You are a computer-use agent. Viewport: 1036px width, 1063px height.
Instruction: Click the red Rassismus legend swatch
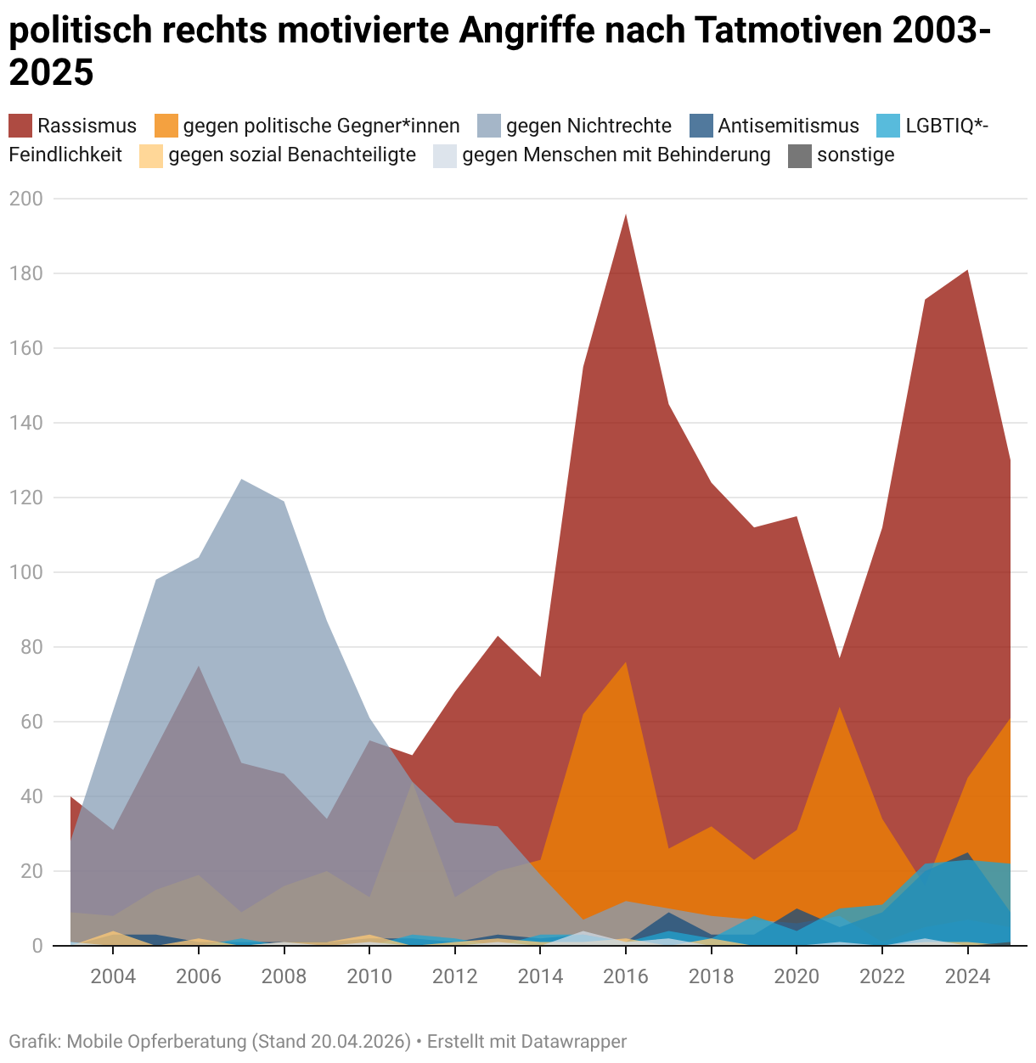tap(20, 126)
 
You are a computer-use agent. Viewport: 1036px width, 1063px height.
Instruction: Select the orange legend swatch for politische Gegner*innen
tap(166, 126)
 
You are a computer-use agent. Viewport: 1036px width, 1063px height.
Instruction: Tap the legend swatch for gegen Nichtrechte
tap(489, 126)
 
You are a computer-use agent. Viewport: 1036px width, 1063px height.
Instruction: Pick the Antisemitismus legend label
tap(789, 126)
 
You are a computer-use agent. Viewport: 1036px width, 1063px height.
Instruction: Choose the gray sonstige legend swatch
tap(800, 155)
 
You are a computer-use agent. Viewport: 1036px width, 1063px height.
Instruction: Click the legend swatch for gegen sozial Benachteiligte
tap(151, 155)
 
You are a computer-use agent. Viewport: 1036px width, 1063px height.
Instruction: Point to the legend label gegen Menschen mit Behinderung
tap(617, 155)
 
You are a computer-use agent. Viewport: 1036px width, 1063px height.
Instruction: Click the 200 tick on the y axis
tap(26, 199)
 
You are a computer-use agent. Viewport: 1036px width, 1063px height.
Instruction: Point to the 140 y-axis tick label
tap(26, 423)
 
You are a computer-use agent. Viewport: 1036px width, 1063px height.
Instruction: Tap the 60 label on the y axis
tap(32, 722)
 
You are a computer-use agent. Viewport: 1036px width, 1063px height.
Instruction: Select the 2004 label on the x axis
tap(113, 976)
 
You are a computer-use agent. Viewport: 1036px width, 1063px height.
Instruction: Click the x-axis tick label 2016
tap(626, 976)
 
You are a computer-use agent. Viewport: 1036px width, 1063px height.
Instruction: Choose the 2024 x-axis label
tap(968, 976)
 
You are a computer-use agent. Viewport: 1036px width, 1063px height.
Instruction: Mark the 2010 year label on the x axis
tap(369, 976)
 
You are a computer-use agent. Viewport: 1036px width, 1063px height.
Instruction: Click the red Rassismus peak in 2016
tap(626, 214)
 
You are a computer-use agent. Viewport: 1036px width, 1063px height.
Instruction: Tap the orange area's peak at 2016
tap(626, 662)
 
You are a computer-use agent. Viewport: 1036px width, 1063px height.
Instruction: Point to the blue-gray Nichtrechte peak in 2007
tap(241, 480)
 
